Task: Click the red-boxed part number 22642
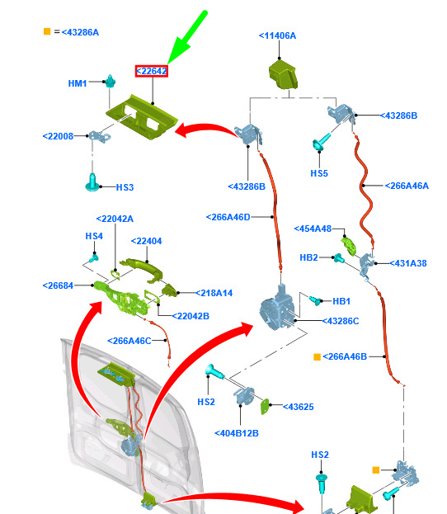152,71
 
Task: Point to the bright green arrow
187,37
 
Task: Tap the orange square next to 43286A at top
47,31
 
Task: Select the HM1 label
78,83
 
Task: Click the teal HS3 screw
92,182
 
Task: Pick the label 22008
58,136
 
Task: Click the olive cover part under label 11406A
283,76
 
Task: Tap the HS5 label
319,173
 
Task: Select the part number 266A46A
407,186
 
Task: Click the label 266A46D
228,217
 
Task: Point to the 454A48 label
313,229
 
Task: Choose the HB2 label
308,257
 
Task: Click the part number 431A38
408,263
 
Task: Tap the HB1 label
341,301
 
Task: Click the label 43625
299,407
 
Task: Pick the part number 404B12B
237,433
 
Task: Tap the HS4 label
94,236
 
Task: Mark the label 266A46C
129,341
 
